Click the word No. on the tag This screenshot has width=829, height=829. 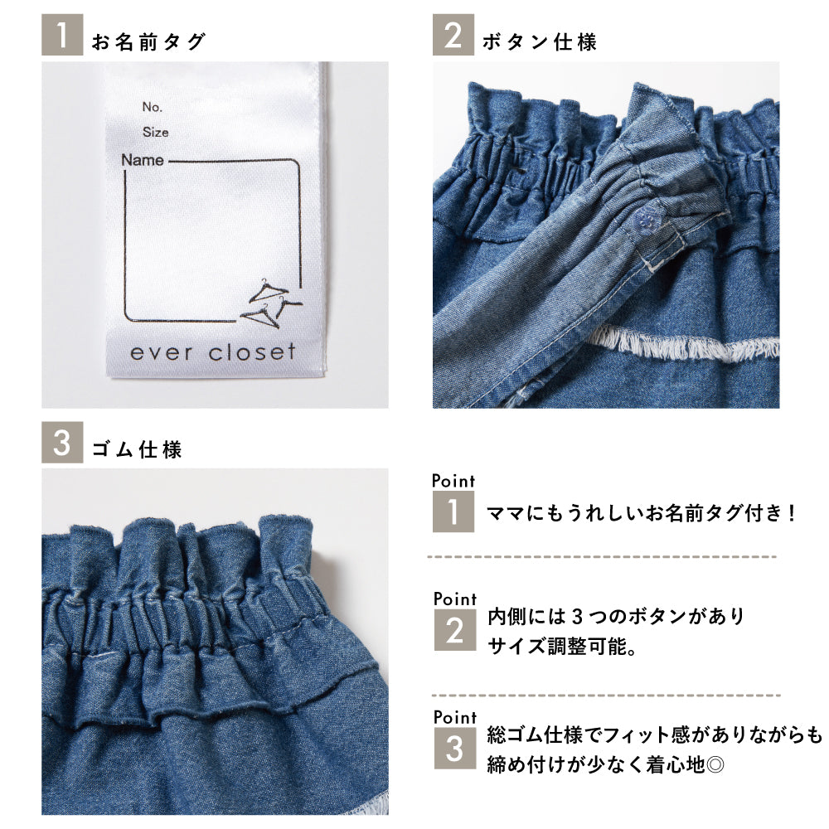pyautogui.click(x=153, y=107)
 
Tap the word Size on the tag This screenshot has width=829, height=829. pyautogui.click(x=156, y=132)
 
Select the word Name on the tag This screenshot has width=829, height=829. pyautogui.click(x=143, y=160)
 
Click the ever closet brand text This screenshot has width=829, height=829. pyautogui.click(x=212, y=352)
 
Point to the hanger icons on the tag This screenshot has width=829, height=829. pyautogui.click(x=271, y=303)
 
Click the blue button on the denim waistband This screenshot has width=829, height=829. pyautogui.click(x=644, y=218)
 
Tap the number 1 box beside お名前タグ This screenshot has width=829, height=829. pyautogui.click(x=62, y=35)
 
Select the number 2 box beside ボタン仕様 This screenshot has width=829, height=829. pyautogui.click(x=453, y=35)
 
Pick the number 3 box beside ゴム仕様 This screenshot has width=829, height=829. pyautogui.click(x=62, y=443)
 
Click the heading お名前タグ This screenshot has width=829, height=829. pyautogui.click(x=148, y=41)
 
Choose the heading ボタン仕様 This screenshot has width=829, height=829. pyautogui.click(x=540, y=41)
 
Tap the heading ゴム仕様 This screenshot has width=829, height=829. pyautogui.click(x=137, y=449)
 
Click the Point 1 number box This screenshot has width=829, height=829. pyautogui.click(x=453, y=511)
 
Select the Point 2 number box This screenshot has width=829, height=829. pyautogui.click(x=454, y=630)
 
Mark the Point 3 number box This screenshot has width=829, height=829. pyautogui.click(x=454, y=748)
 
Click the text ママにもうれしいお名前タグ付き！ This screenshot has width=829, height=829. pyautogui.click(x=642, y=512)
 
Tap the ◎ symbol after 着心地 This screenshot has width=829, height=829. pyautogui.click(x=715, y=764)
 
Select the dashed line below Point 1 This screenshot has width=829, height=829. pyautogui.click(x=602, y=557)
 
